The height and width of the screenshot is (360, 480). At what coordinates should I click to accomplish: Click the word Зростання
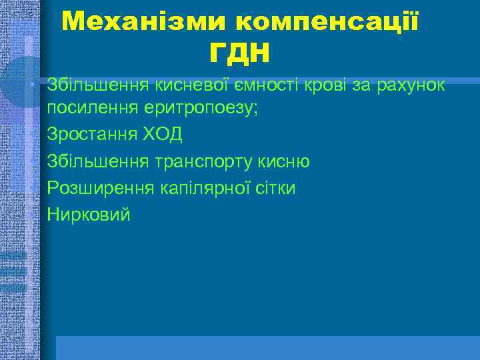[91, 135]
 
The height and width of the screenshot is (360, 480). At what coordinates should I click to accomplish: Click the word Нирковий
[89, 215]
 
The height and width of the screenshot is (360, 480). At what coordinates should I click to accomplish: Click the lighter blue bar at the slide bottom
[267, 347]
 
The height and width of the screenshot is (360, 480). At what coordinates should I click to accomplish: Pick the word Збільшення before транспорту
[97, 162]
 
